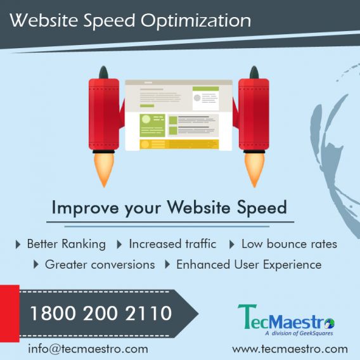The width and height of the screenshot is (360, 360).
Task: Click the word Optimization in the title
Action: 196,22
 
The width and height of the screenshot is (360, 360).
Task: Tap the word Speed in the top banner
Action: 109,22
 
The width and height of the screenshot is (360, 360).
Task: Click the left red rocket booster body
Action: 104,114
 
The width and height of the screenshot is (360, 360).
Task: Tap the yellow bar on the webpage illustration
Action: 179,145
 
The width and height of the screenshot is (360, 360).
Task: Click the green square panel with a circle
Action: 152,125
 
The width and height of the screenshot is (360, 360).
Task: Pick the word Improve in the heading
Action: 85,207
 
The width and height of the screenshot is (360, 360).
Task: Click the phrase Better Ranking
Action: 67,244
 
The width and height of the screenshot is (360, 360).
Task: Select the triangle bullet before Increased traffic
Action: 119,244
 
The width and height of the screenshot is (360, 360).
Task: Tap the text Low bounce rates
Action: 289,244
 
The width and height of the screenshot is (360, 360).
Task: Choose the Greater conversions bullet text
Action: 100,264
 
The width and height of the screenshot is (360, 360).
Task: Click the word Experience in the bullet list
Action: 292,265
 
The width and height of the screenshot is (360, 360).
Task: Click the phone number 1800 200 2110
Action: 101,313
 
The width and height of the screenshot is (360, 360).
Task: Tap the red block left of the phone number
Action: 10,313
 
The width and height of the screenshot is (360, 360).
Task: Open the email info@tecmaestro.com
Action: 88,349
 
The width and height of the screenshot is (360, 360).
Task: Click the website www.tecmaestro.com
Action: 290,349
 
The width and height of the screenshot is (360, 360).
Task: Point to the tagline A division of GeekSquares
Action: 299,333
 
